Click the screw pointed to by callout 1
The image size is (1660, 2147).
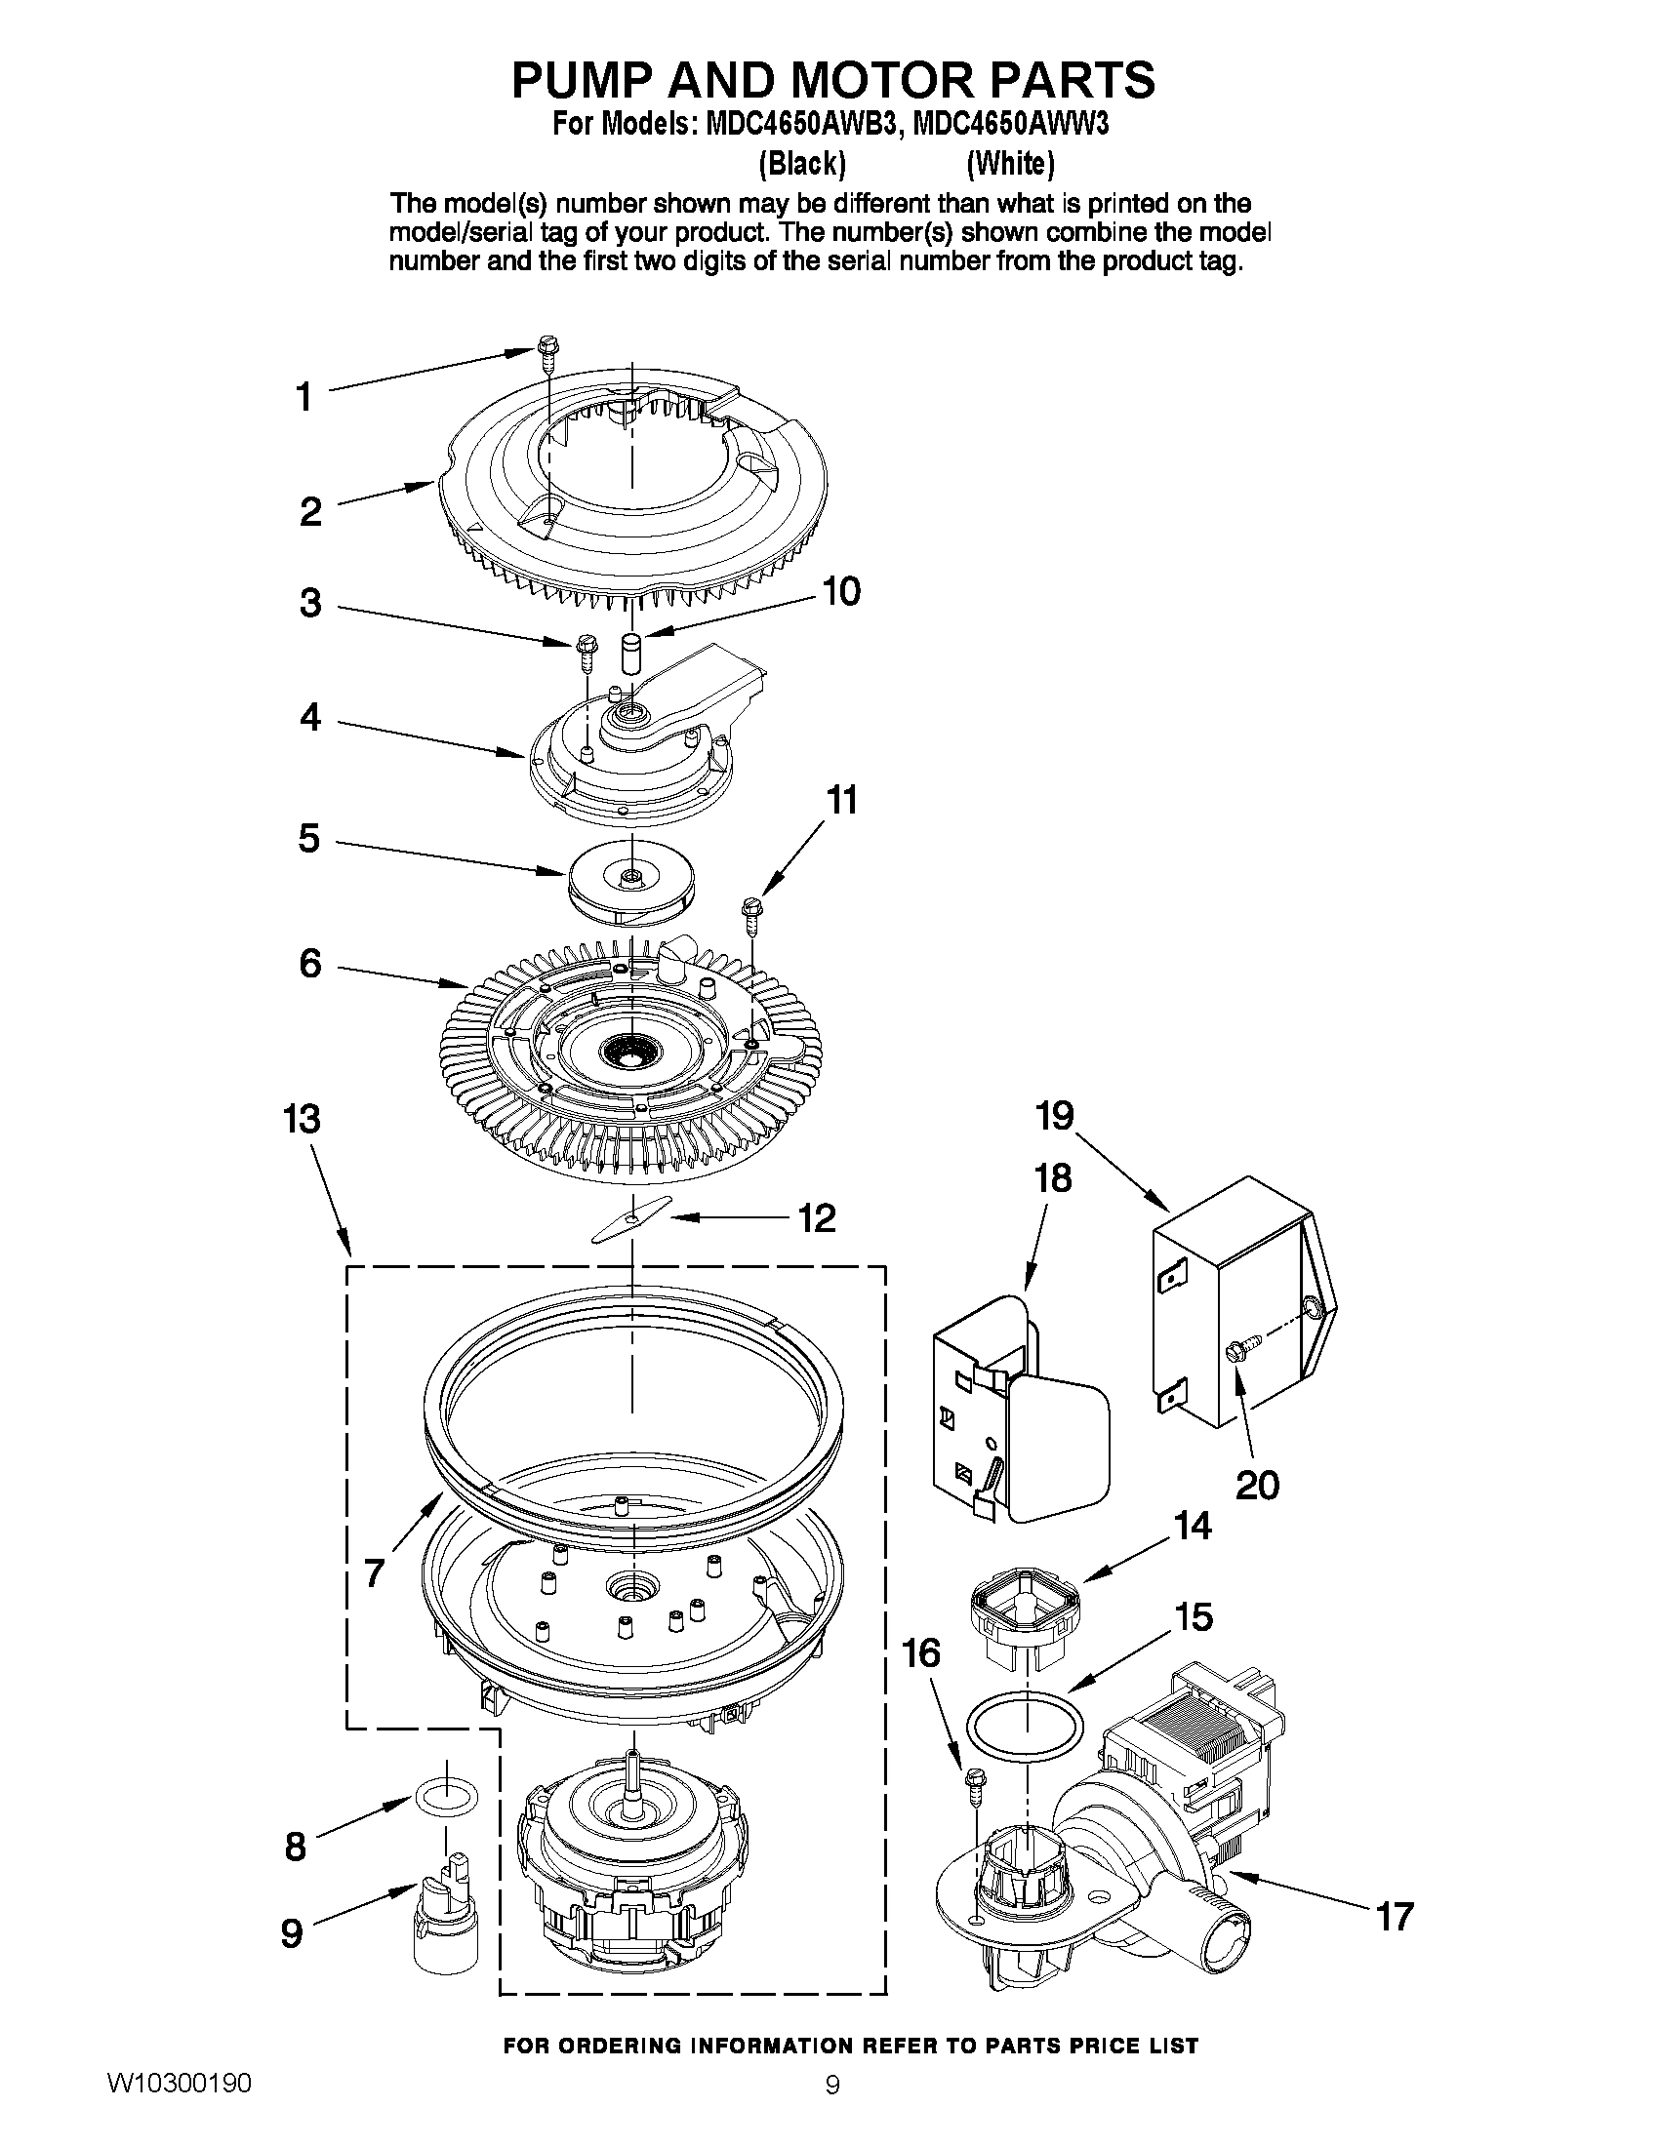pos(547,353)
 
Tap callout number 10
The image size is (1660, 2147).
pos(840,592)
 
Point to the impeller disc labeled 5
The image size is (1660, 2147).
pos(629,887)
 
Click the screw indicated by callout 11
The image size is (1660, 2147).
pos(752,911)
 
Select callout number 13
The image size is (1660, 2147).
pos(302,1119)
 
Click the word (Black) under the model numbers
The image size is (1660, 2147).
pos(801,164)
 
